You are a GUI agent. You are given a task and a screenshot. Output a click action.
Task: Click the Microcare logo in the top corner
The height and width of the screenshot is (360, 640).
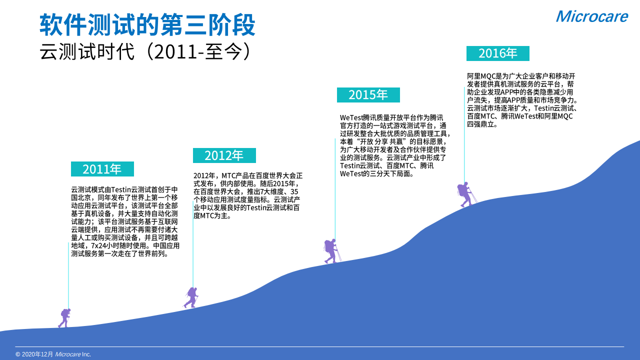point(591,16)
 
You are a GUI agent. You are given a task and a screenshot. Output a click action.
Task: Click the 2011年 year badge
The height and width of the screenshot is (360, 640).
point(102,169)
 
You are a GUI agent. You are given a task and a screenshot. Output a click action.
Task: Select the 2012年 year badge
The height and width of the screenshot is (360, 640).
point(224,155)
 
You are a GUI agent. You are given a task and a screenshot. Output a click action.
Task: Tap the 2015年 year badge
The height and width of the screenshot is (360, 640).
point(368,95)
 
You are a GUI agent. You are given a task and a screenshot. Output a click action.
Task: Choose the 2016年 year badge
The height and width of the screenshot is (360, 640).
point(497,53)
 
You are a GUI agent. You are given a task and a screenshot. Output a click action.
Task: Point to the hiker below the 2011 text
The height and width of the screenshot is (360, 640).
point(64,317)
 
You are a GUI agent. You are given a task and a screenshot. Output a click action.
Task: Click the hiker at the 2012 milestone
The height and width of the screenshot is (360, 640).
point(191,297)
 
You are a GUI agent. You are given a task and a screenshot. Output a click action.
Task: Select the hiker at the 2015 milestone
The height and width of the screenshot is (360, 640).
point(332,251)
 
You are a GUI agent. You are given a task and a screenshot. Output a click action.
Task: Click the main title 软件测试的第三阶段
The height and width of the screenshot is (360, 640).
point(147,24)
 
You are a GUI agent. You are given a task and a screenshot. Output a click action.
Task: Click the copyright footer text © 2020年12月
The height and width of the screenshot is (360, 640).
point(34,354)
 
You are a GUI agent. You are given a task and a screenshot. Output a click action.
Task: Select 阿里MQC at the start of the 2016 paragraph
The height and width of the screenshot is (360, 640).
point(481,76)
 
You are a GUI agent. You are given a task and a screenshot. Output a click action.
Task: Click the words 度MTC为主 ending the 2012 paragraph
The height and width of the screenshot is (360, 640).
point(210,215)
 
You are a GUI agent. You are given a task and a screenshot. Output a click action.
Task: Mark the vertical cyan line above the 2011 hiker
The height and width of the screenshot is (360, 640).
point(68,275)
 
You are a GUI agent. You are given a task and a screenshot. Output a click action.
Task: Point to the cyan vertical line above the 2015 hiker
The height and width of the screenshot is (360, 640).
point(335,189)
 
